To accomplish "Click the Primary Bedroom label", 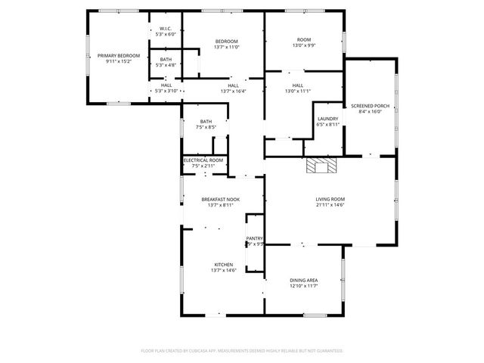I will (x=119, y=56).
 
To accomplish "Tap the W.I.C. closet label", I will (x=166, y=29).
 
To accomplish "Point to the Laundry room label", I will (x=327, y=119).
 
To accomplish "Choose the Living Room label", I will (x=330, y=199).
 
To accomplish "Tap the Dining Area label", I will (x=303, y=281).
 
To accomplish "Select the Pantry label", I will (x=254, y=238).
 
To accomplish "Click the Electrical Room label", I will (x=203, y=160).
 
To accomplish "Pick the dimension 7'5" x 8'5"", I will (x=206, y=127).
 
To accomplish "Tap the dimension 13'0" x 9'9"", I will (x=303, y=45).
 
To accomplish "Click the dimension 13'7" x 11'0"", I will (x=227, y=47).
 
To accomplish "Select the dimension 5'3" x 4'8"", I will (x=166, y=65).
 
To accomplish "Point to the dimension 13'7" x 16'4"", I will (x=233, y=92).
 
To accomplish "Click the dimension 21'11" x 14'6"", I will (x=330, y=204).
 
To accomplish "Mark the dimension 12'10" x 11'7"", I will (x=303, y=286).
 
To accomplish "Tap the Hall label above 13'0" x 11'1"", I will (x=298, y=85).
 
